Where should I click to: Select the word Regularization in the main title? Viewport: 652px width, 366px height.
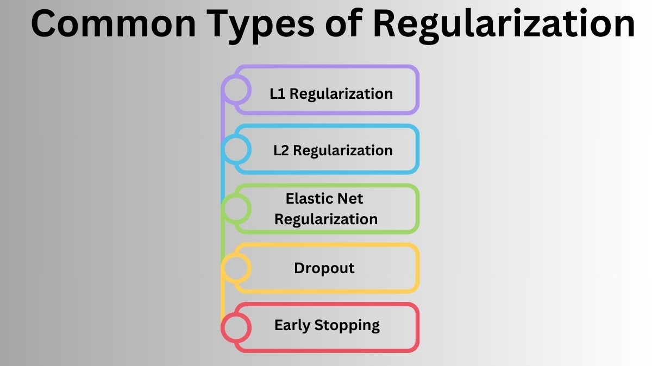click(500, 24)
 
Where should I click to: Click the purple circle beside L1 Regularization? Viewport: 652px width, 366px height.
click(236, 90)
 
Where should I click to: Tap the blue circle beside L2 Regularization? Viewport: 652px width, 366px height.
click(236, 149)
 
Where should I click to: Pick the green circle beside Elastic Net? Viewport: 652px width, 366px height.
click(236, 209)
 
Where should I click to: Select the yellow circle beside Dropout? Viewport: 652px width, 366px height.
click(236, 268)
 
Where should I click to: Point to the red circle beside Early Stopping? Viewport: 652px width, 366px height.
click(236, 327)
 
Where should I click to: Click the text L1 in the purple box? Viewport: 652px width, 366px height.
click(278, 93)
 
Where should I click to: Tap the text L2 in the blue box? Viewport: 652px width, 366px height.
click(281, 150)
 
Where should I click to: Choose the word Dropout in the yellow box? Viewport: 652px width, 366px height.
click(324, 268)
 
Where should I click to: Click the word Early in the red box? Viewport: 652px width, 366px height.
click(292, 325)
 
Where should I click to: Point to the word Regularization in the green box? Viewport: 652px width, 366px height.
click(326, 219)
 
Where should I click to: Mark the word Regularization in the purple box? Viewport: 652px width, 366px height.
click(341, 94)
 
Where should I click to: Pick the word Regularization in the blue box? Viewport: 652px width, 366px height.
click(343, 150)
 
